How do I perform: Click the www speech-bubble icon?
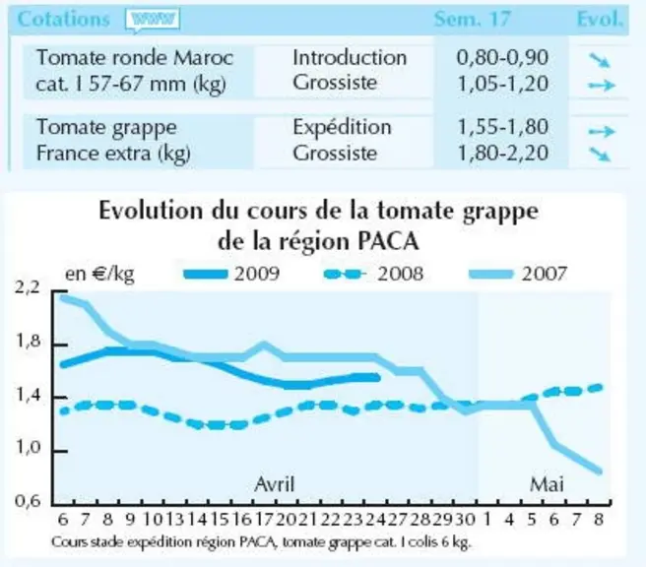(x=153, y=20)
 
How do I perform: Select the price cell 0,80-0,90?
(x=502, y=58)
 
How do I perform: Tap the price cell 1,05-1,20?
(x=503, y=84)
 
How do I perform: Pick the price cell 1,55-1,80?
(x=503, y=127)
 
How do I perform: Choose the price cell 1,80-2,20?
(x=503, y=154)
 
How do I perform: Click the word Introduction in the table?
(x=350, y=57)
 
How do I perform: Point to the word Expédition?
(x=342, y=127)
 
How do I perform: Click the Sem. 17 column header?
(x=472, y=19)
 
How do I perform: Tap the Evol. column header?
(x=600, y=19)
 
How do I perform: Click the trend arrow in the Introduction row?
(x=600, y=60)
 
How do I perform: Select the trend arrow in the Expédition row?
(x=602, y=131)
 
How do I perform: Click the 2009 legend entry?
(x=231, y=274)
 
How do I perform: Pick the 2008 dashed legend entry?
(x=373, y=274)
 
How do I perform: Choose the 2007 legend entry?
(x=518, y=274)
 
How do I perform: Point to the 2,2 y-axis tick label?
(x=28, y=287)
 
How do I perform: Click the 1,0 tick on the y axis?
(x=28, y=448)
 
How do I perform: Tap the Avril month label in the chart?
(x=275, y=484)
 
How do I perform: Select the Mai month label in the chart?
(x=547, y=484)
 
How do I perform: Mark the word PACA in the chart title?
(x=388, y=241)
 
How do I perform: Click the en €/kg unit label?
(x=99, y=275)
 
